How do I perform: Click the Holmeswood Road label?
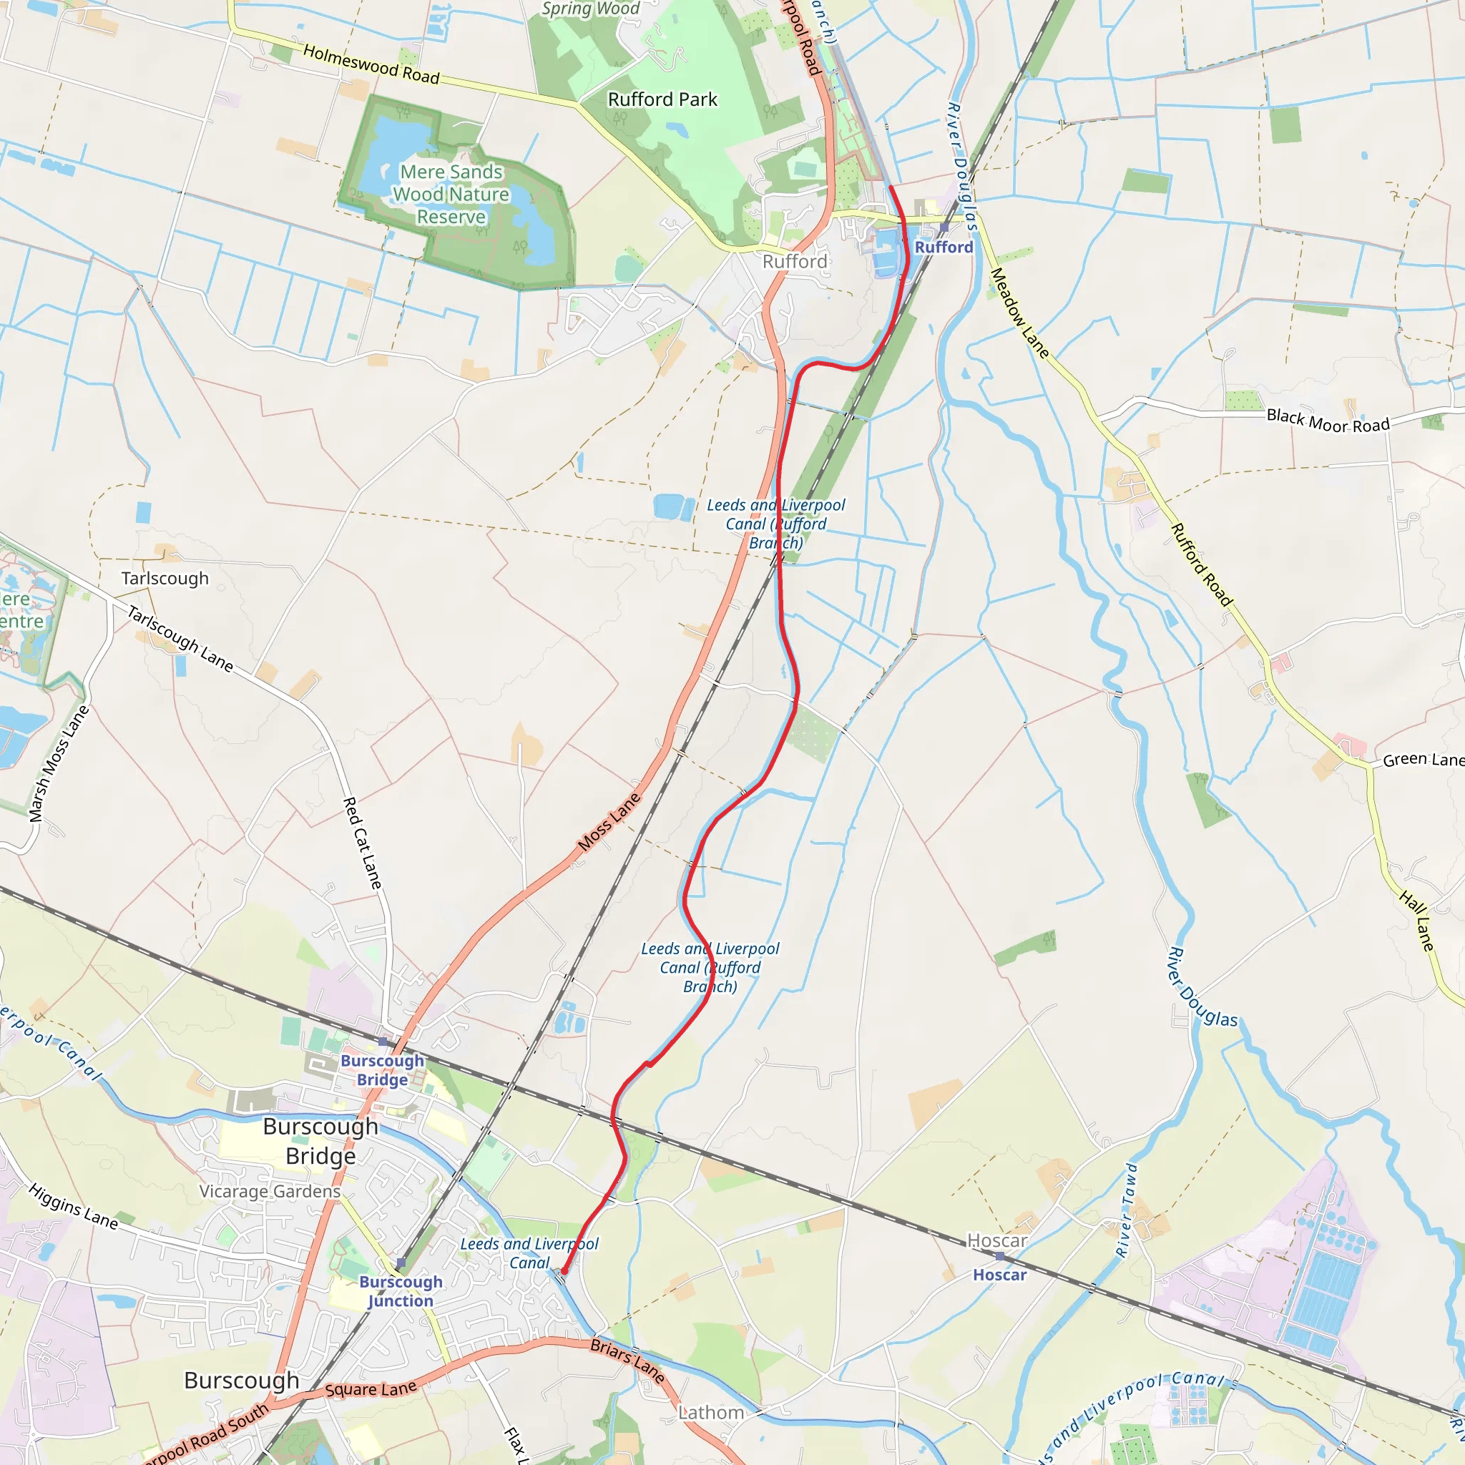(x=371, y=64)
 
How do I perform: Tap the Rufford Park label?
(x=662, y=99)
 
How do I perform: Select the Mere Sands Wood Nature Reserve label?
(x=451, y=194)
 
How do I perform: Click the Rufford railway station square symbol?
(x=944, y=227)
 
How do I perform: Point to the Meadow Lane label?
(x=1019, y=313)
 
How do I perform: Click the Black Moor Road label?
(x=1328, y=421)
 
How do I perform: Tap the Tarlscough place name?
(x=165, y=579)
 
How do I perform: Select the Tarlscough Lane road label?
(x=180, y=639)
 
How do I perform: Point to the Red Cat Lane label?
(x=363, y=843)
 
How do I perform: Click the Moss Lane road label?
(x=609, y=822)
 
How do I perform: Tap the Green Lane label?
(x=1423, y=760)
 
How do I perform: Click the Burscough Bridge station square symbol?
(x=383, y=1042)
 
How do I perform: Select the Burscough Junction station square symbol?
(x=401, y=1263)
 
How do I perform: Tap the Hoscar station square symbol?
(x=1000, y=1256)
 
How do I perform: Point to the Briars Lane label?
(x=627, y=1361)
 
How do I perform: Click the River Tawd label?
(x=1126, y=1210)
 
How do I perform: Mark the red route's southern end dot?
(x=564, y=1271)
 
